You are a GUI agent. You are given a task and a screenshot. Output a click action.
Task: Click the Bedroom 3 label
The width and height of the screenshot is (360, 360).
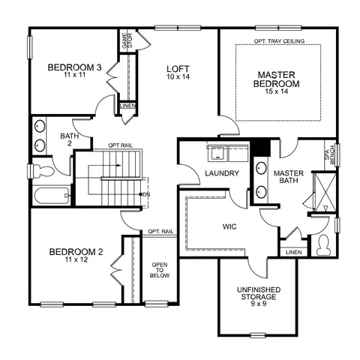[74, 67]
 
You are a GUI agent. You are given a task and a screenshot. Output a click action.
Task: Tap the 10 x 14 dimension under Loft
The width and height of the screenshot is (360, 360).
[178, 76]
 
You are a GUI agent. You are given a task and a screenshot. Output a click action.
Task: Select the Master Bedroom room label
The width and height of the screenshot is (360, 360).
[277, 79]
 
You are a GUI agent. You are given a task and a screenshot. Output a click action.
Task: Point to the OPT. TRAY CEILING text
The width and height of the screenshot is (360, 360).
[279, 41]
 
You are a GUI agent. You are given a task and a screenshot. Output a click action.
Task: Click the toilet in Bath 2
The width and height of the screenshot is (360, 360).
[43, 171]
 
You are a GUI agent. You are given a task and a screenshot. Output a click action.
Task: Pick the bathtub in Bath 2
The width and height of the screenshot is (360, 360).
[52, 196]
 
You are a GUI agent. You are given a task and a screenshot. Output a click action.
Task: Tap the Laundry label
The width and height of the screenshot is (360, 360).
[222, 173]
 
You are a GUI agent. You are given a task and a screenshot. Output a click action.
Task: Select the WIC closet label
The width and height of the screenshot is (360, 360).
[229, 226]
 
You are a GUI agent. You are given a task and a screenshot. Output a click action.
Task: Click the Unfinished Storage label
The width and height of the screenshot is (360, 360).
[259, 293]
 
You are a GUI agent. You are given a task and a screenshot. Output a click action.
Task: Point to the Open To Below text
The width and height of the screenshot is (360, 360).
[160, 270]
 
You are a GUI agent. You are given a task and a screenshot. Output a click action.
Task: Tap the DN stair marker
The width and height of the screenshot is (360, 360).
[146, 194]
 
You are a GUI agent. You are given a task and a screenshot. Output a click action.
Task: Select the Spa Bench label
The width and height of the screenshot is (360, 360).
[330, 155]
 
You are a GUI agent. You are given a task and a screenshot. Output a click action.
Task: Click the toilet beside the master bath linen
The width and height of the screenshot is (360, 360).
[323, 245]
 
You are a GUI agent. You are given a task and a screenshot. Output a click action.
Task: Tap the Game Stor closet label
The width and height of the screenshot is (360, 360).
[127, 40]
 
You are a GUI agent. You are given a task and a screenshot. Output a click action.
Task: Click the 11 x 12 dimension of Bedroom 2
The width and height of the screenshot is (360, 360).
[76, 259]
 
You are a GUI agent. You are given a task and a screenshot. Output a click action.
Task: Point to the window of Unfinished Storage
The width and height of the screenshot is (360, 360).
[258, 335]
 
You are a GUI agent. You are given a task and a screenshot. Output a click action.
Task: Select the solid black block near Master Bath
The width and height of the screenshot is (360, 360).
[261, 147]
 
